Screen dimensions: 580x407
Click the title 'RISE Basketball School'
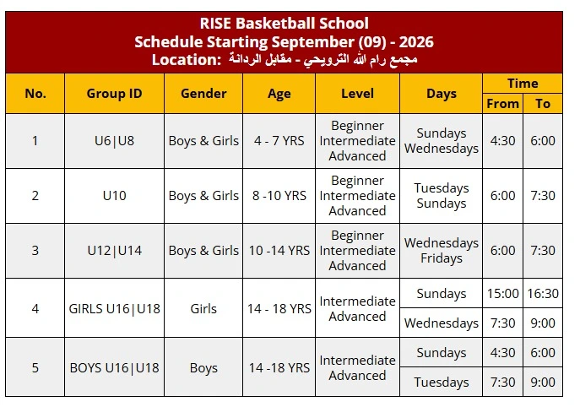coord(284,24)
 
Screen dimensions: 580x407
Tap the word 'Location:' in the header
coord(187,60)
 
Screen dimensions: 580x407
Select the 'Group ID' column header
coord(114,94)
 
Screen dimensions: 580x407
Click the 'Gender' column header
coord(203,94)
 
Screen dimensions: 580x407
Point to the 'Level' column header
coord(357,94)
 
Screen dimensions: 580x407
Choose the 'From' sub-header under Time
coord(502,104)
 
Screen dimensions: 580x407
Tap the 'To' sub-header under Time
coord(543,104)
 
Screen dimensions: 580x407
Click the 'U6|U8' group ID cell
coord(114,141)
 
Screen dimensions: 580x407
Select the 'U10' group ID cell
coord(114,195)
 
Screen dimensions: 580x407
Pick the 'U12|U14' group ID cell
coord(114,251)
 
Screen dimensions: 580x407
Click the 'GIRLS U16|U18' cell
coord(114,308)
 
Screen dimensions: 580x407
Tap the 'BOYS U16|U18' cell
coord(114,368)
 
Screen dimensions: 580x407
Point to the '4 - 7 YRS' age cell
coord(279,141)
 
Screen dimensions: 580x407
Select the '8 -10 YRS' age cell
coord(279,195)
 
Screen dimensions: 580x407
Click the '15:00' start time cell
coord(502,293)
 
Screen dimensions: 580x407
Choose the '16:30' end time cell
coord(543,293)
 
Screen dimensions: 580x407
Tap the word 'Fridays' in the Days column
coord(442,258)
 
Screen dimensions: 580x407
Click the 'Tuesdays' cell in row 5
coord(442,383)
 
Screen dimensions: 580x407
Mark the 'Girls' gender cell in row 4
coord(203,308)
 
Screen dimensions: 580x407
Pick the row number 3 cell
coord(35,251)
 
